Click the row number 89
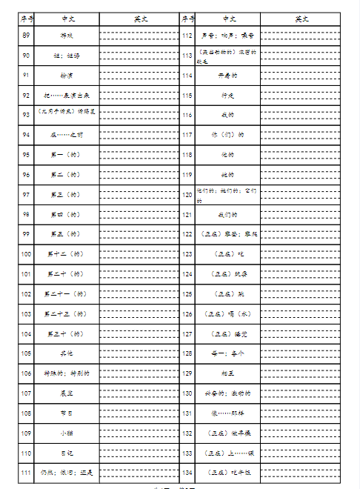pos(27,35)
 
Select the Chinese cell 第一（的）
pos(67,154)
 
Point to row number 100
pos(27,254)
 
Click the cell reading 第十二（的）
pos(67,254)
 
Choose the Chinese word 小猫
pos(67,433)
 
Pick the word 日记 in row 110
pos(67,453)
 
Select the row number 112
pos(187,35)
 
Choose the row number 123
pos(187,254)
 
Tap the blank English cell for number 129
pos(300,373)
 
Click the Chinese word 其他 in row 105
pos(67,353)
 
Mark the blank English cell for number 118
pos(300,154)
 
